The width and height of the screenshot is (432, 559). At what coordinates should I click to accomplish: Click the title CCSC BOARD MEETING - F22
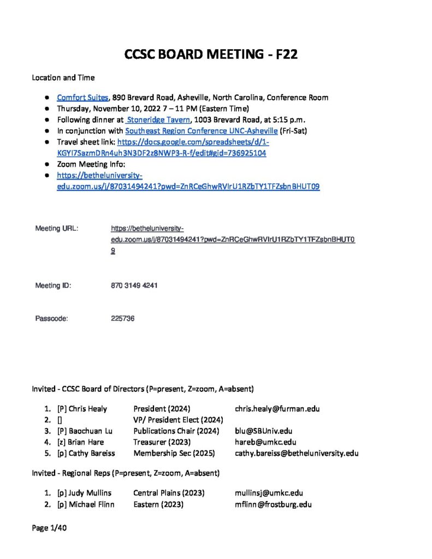211,55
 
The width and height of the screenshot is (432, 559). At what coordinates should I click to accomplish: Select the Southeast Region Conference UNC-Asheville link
201,131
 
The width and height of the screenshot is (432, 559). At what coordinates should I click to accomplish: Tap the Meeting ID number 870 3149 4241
134,286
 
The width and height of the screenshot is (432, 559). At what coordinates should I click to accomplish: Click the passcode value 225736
123,318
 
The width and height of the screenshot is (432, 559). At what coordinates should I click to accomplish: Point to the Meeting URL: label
57,228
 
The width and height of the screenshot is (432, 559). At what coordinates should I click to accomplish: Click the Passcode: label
51,318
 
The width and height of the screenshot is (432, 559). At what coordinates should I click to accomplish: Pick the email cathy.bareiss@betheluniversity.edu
297,453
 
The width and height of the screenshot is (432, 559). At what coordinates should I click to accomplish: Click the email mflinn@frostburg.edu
273,504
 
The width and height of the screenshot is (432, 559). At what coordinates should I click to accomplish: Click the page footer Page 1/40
49,528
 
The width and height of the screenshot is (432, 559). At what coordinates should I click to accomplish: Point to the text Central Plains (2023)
169,493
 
